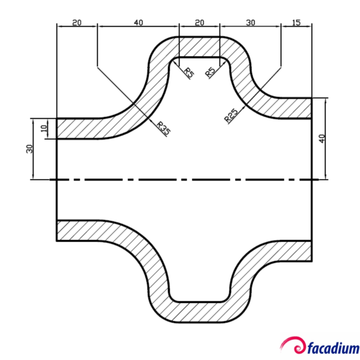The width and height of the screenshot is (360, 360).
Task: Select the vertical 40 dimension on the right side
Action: [322, 139]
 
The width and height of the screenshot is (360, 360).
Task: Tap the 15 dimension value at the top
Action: [296, 22]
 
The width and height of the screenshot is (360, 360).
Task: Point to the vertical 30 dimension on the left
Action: [30, 148]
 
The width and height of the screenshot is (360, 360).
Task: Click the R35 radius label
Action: [163, 128]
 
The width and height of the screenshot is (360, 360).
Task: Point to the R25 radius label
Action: [231, 115]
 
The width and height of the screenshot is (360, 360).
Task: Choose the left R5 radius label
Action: [190, 72]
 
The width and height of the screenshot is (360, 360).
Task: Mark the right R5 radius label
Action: [210, 72]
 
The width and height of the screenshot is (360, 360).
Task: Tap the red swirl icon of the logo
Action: [295, 344]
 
